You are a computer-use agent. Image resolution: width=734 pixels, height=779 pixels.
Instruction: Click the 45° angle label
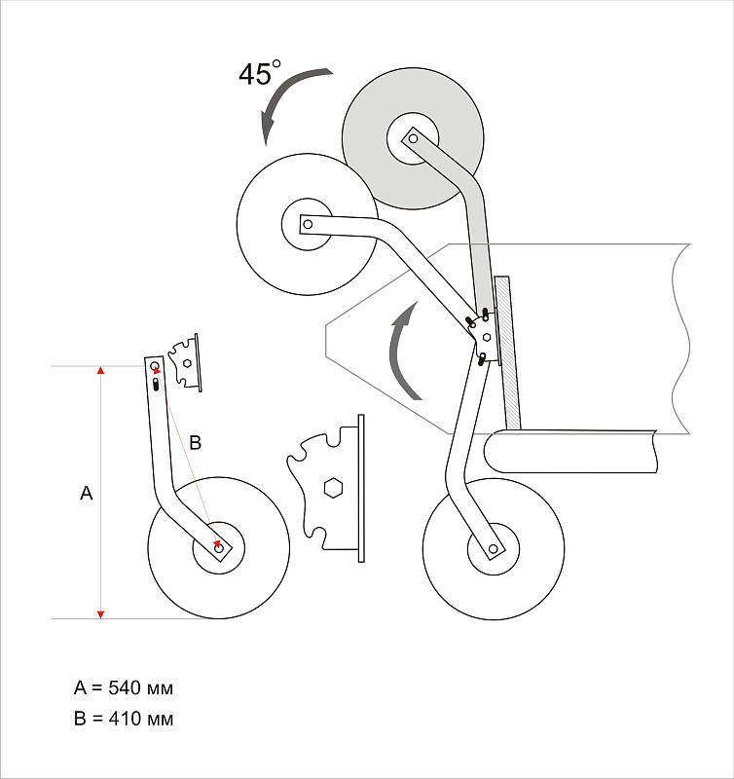coord(259,74)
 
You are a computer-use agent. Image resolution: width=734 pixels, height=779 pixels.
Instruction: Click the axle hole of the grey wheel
coord(413,139)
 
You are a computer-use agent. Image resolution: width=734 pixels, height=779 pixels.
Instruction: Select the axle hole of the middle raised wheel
coord(307,225)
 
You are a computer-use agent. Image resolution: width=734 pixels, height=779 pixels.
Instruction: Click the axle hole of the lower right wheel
coord(494,550)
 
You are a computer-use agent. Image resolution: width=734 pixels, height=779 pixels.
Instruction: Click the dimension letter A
coord(86,495)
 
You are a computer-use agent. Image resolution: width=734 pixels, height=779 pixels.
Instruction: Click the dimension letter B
coord(195,443)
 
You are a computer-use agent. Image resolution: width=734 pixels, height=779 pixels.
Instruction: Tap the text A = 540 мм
coord(124,688)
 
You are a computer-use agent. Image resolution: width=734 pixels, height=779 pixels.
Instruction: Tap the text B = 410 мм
coord(124,720)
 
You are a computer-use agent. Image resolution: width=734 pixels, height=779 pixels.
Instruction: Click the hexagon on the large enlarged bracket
coord(332,487)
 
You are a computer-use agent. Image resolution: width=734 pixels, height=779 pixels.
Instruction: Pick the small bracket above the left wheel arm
coord(185,361)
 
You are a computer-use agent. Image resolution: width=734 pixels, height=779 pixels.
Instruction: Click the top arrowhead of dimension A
coord(100,371)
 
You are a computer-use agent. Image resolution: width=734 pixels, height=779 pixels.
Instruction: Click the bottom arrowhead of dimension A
coord(100,612)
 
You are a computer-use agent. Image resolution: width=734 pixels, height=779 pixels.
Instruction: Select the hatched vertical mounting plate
coord(506,355)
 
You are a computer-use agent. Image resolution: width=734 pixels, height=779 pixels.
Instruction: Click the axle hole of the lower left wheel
coord(219,549)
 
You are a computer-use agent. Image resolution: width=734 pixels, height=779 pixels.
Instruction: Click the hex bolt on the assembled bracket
coord(486,336)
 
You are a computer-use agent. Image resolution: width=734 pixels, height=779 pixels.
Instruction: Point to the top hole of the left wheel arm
coord(155,366)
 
